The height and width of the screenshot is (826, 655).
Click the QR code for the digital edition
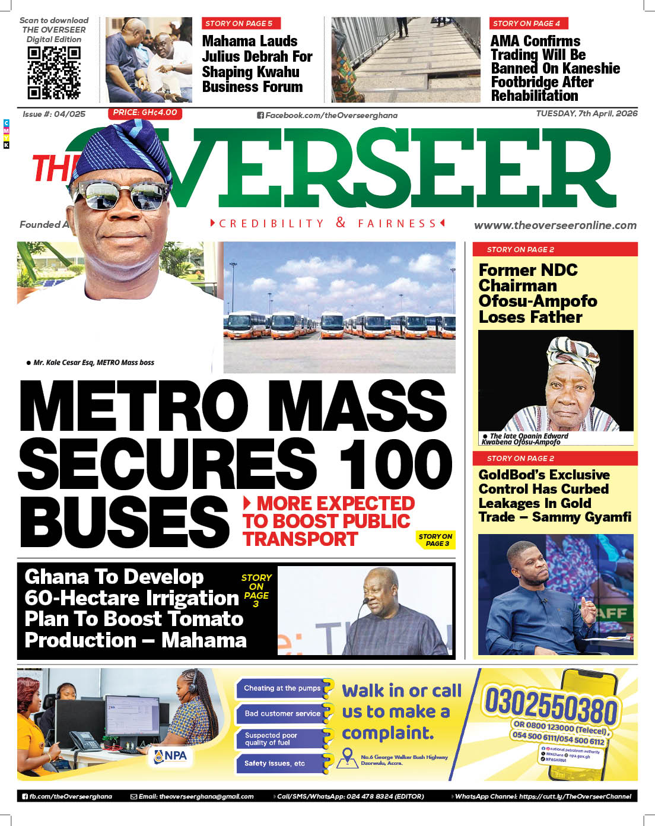coord(54,72)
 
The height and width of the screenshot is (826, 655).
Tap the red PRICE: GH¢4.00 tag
coord(145,113)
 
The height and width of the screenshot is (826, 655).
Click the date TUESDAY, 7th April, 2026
coord(586,113)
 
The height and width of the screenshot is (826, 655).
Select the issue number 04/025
coord(54,114)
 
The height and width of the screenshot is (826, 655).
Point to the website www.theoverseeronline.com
coord(555,225)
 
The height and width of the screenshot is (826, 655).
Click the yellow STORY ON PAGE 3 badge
coord(435,539)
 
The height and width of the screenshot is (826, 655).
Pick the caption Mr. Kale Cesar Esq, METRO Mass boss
coord(93,363)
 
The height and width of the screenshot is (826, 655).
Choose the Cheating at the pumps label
coord(282,688)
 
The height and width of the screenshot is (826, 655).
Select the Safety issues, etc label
coord(275,763)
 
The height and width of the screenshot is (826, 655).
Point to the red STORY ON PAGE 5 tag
coord(239,24)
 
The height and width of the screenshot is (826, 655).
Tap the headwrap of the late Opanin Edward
coord(573,355)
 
